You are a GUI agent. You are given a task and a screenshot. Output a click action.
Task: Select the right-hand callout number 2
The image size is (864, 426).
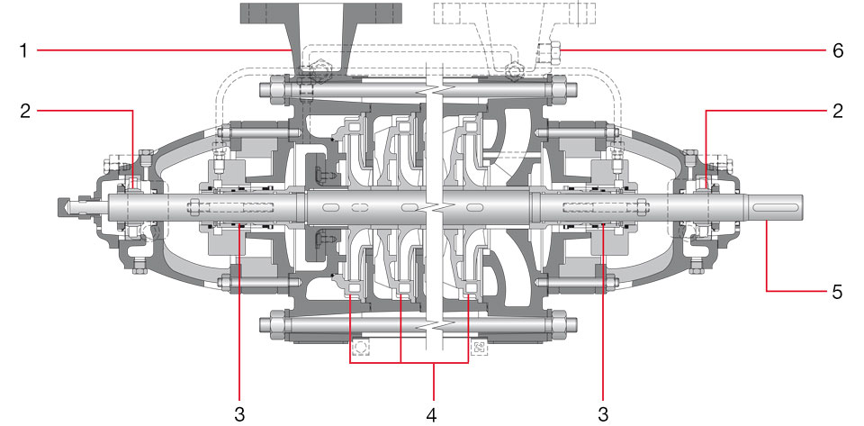[x=838, y=112]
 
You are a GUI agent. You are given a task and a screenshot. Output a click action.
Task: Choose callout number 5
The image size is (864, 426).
[x=838, y=291]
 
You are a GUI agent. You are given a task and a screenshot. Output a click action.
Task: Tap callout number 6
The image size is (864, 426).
[x=838, y=51]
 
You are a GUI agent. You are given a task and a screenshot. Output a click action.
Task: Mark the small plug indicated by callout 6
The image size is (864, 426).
[x=549, y=51]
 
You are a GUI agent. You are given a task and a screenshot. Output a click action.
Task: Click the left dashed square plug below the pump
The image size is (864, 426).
[x=360, y=347]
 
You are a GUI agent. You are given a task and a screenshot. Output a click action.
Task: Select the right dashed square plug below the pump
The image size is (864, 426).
[x=478, y=347]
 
